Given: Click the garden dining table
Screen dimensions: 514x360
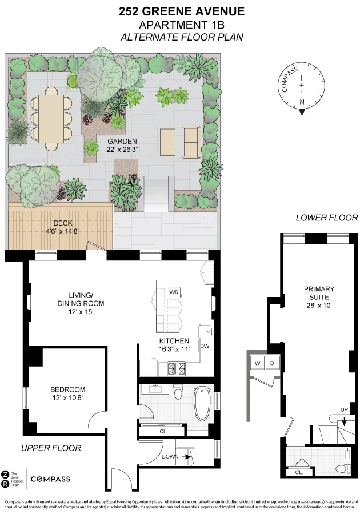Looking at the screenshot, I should [51, 118].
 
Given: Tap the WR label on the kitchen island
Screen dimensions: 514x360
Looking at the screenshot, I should [174, 292].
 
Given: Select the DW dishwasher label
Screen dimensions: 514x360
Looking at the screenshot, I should [205, 346].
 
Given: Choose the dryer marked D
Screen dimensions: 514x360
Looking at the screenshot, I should [272, 363].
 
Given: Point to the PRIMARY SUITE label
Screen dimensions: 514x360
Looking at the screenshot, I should [319, 293].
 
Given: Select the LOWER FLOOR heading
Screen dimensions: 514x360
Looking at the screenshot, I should [326, 218].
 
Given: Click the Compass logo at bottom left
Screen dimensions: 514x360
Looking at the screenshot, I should [50, 479].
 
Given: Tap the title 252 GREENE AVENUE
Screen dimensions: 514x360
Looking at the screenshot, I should [182, 11].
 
